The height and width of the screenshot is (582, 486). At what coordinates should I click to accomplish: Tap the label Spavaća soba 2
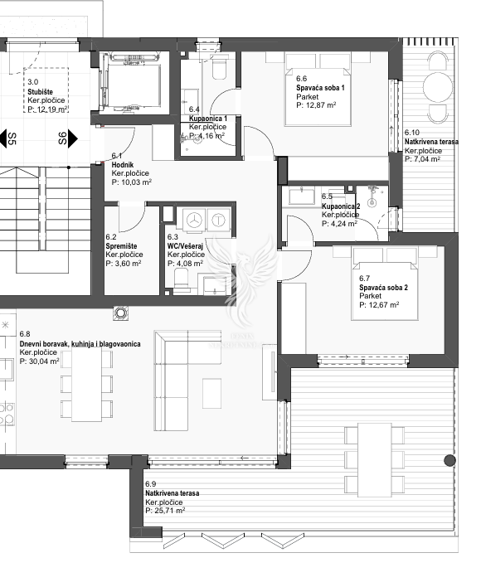[x=383, y=288]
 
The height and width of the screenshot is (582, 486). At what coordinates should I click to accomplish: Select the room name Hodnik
[x=123, y=164]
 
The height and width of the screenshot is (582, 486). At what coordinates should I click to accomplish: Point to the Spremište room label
[x=121, y=246]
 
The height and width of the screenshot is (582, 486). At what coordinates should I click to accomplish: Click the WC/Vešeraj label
[x=185, y=246]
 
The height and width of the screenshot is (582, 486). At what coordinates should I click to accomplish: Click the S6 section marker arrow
[x=73, y=138]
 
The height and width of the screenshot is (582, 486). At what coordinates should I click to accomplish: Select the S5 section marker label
[x=12, y=138]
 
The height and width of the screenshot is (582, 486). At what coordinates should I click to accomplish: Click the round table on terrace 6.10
[x=438, y=87]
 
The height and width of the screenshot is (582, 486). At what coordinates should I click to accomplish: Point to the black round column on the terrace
[x=450, y=460]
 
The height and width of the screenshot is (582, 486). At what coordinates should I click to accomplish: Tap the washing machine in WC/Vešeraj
[x=194, y=220]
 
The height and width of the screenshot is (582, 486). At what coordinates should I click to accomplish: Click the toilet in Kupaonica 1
[x=219, y=67]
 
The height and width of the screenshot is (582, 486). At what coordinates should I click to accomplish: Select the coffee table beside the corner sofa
[x=211, y=393]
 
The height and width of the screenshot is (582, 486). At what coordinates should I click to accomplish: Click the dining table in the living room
[x=86, y=385]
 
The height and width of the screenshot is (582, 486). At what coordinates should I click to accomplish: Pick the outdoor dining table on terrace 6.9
[x=374, y=460]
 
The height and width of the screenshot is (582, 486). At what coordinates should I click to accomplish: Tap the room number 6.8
[x=25, y=335]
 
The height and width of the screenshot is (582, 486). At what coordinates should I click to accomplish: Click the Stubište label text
[x=40, y=92]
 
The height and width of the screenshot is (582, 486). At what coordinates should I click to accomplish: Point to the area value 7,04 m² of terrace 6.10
[x=422, y=159]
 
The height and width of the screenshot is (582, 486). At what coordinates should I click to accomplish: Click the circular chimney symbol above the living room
[x=120, y=313]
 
